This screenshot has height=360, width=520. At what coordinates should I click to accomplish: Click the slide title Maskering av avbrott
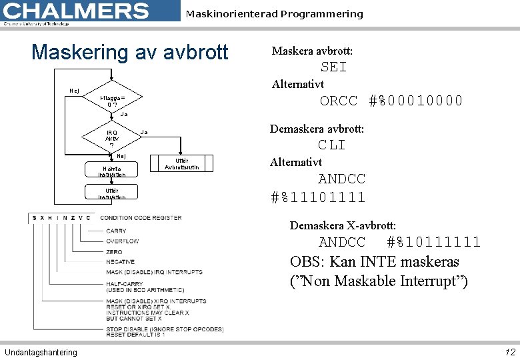(130, 52)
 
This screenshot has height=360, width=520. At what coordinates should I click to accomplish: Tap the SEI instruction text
(333, 67)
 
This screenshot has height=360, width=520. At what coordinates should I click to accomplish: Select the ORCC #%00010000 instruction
(391, 101)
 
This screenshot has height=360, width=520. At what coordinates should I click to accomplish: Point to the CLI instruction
(331, 145)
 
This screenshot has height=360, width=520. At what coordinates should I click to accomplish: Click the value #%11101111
(318, 197)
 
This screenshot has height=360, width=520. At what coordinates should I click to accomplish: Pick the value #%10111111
(433, 242)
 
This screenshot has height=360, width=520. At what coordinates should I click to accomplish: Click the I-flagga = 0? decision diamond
(111, 100)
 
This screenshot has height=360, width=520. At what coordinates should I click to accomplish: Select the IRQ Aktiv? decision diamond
(111, 139)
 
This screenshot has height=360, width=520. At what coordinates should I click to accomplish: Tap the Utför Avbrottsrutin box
(181, 163)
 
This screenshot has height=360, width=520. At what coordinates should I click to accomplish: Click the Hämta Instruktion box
(111, 171)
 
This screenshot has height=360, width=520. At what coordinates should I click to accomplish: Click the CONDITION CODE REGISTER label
(141, 218)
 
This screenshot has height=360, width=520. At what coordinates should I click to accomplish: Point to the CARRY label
(116, 231)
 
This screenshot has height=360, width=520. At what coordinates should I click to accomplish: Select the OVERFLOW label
(122, 241)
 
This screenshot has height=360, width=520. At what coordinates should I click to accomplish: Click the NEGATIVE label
(120, 262)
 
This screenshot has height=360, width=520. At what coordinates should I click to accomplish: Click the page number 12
(510, 352)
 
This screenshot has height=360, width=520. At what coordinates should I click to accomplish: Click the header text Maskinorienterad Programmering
(274, 13)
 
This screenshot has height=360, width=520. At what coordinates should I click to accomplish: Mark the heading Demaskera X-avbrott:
(343, 226)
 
